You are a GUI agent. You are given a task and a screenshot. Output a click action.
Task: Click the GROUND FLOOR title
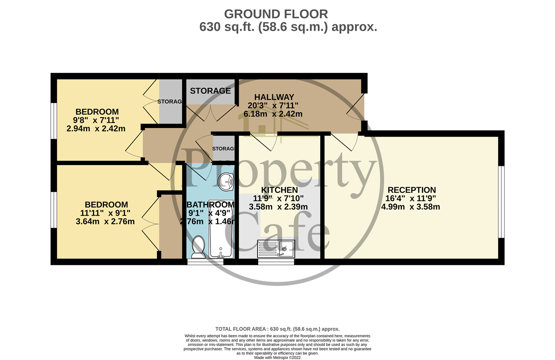coord(276,14)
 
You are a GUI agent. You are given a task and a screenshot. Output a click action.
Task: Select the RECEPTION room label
coord(412,190)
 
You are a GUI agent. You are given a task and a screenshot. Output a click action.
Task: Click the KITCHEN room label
coord(280,190)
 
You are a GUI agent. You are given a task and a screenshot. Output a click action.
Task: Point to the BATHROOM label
coord(211,205)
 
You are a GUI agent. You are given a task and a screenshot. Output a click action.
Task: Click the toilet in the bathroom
coord(199,247)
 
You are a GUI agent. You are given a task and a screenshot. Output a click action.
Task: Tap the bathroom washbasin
coord(226,181)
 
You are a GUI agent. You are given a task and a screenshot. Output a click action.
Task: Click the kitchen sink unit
coord(276,249)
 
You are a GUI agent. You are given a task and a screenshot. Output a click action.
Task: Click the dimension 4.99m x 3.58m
coord(410,207)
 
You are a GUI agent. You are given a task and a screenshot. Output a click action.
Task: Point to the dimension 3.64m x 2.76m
coord(105,221)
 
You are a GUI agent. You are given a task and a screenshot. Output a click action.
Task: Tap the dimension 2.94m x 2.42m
coord(96,129)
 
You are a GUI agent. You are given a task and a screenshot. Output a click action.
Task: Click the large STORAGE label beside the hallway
coord(210,91)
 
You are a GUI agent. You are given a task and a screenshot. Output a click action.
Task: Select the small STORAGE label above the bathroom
coord(223,149)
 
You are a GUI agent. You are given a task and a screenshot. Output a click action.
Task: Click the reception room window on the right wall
coord(501,202)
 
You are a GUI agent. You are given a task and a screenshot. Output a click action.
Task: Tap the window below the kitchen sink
coord(276,262)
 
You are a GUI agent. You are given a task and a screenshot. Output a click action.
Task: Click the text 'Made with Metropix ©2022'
coord(277,358)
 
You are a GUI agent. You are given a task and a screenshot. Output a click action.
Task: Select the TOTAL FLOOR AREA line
coord(277,329)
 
